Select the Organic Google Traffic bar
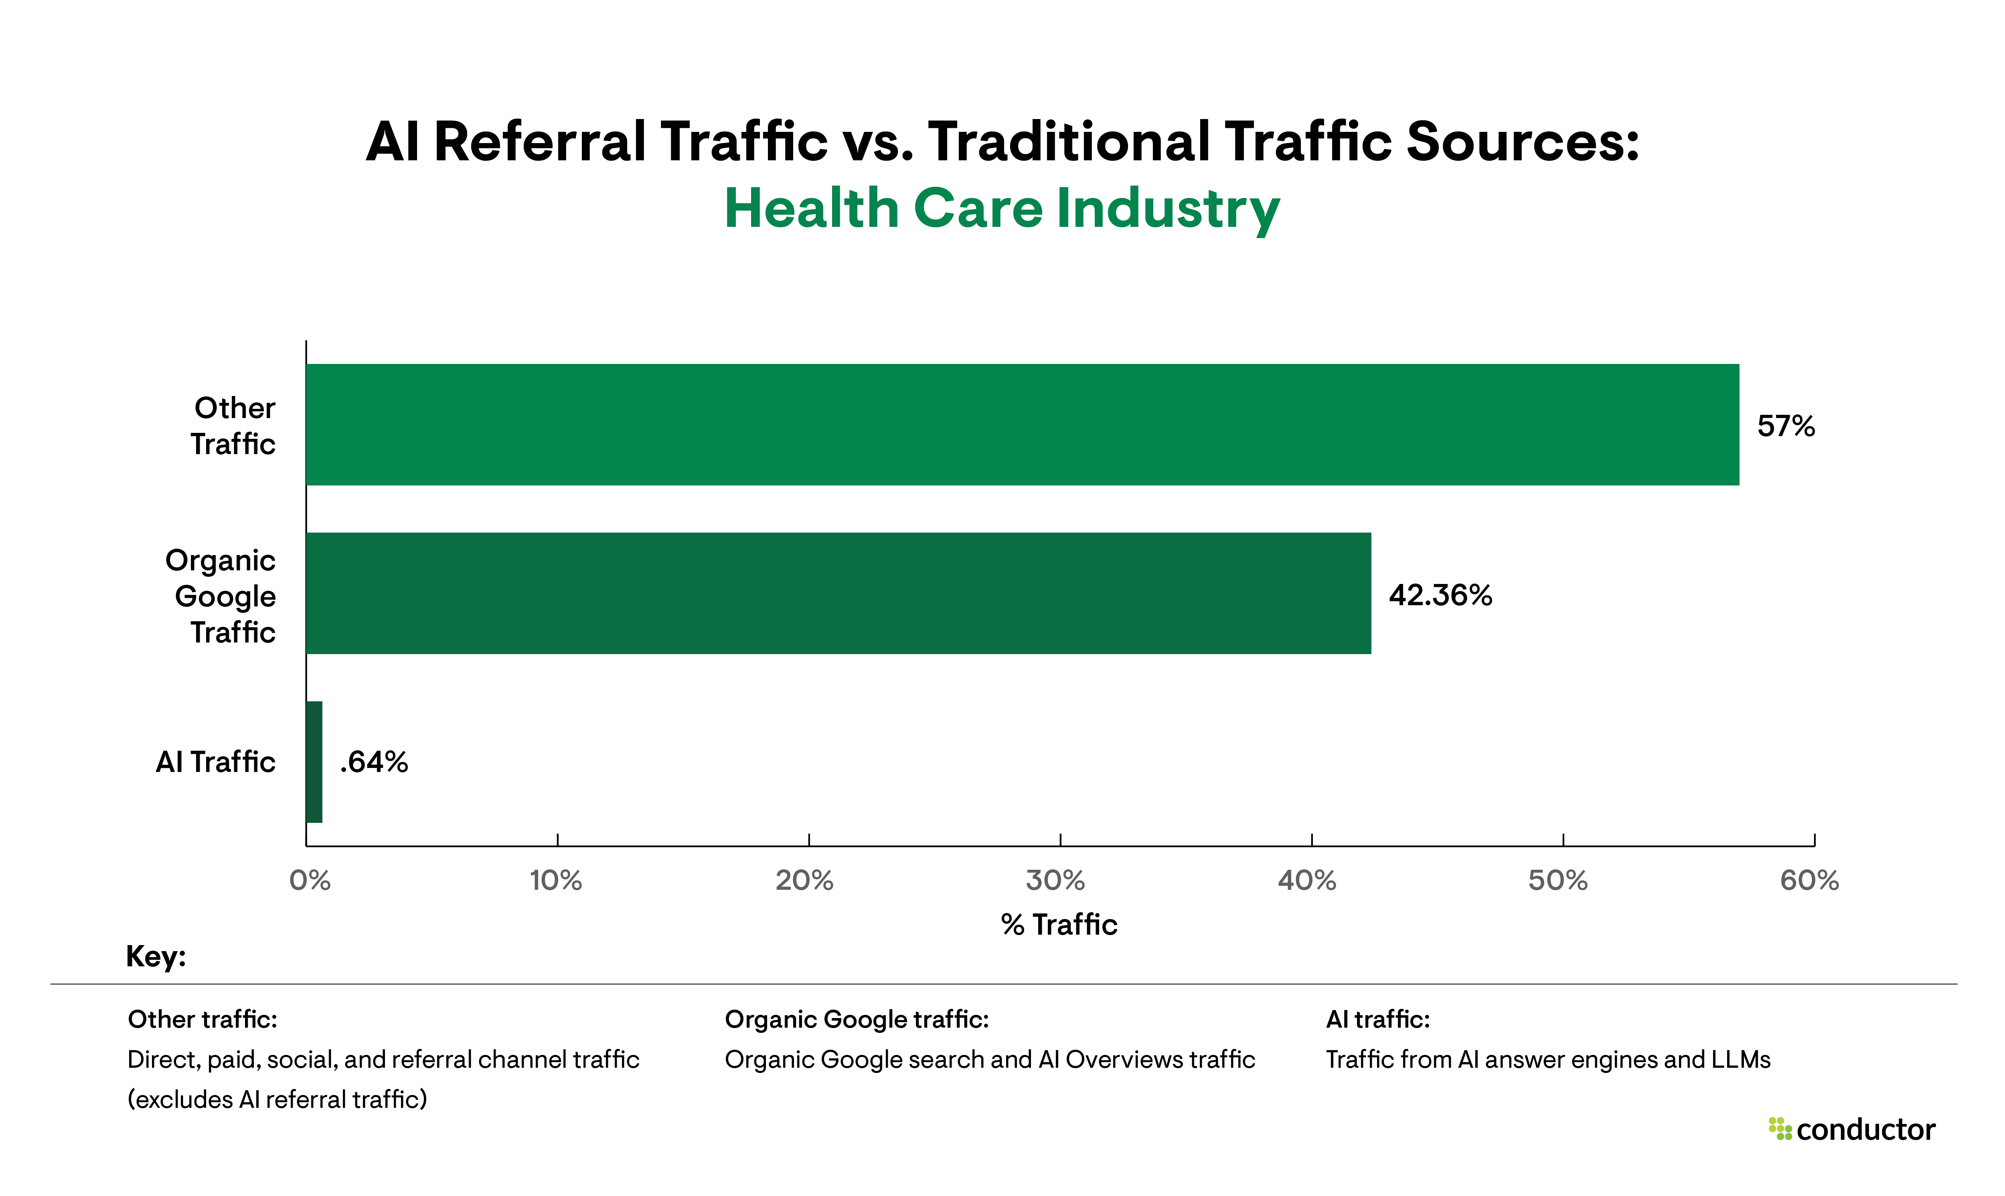point(838,593)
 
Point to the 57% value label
point(1786,426)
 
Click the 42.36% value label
point(1440,595)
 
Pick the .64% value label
point(374,762)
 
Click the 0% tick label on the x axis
point(310,880)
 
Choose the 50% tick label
point(1557,880)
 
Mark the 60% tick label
point(1809,880)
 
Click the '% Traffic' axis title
point(1059,924)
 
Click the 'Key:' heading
point(156,957)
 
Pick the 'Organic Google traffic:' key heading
point(856,1020)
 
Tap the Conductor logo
point(1852,1130)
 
